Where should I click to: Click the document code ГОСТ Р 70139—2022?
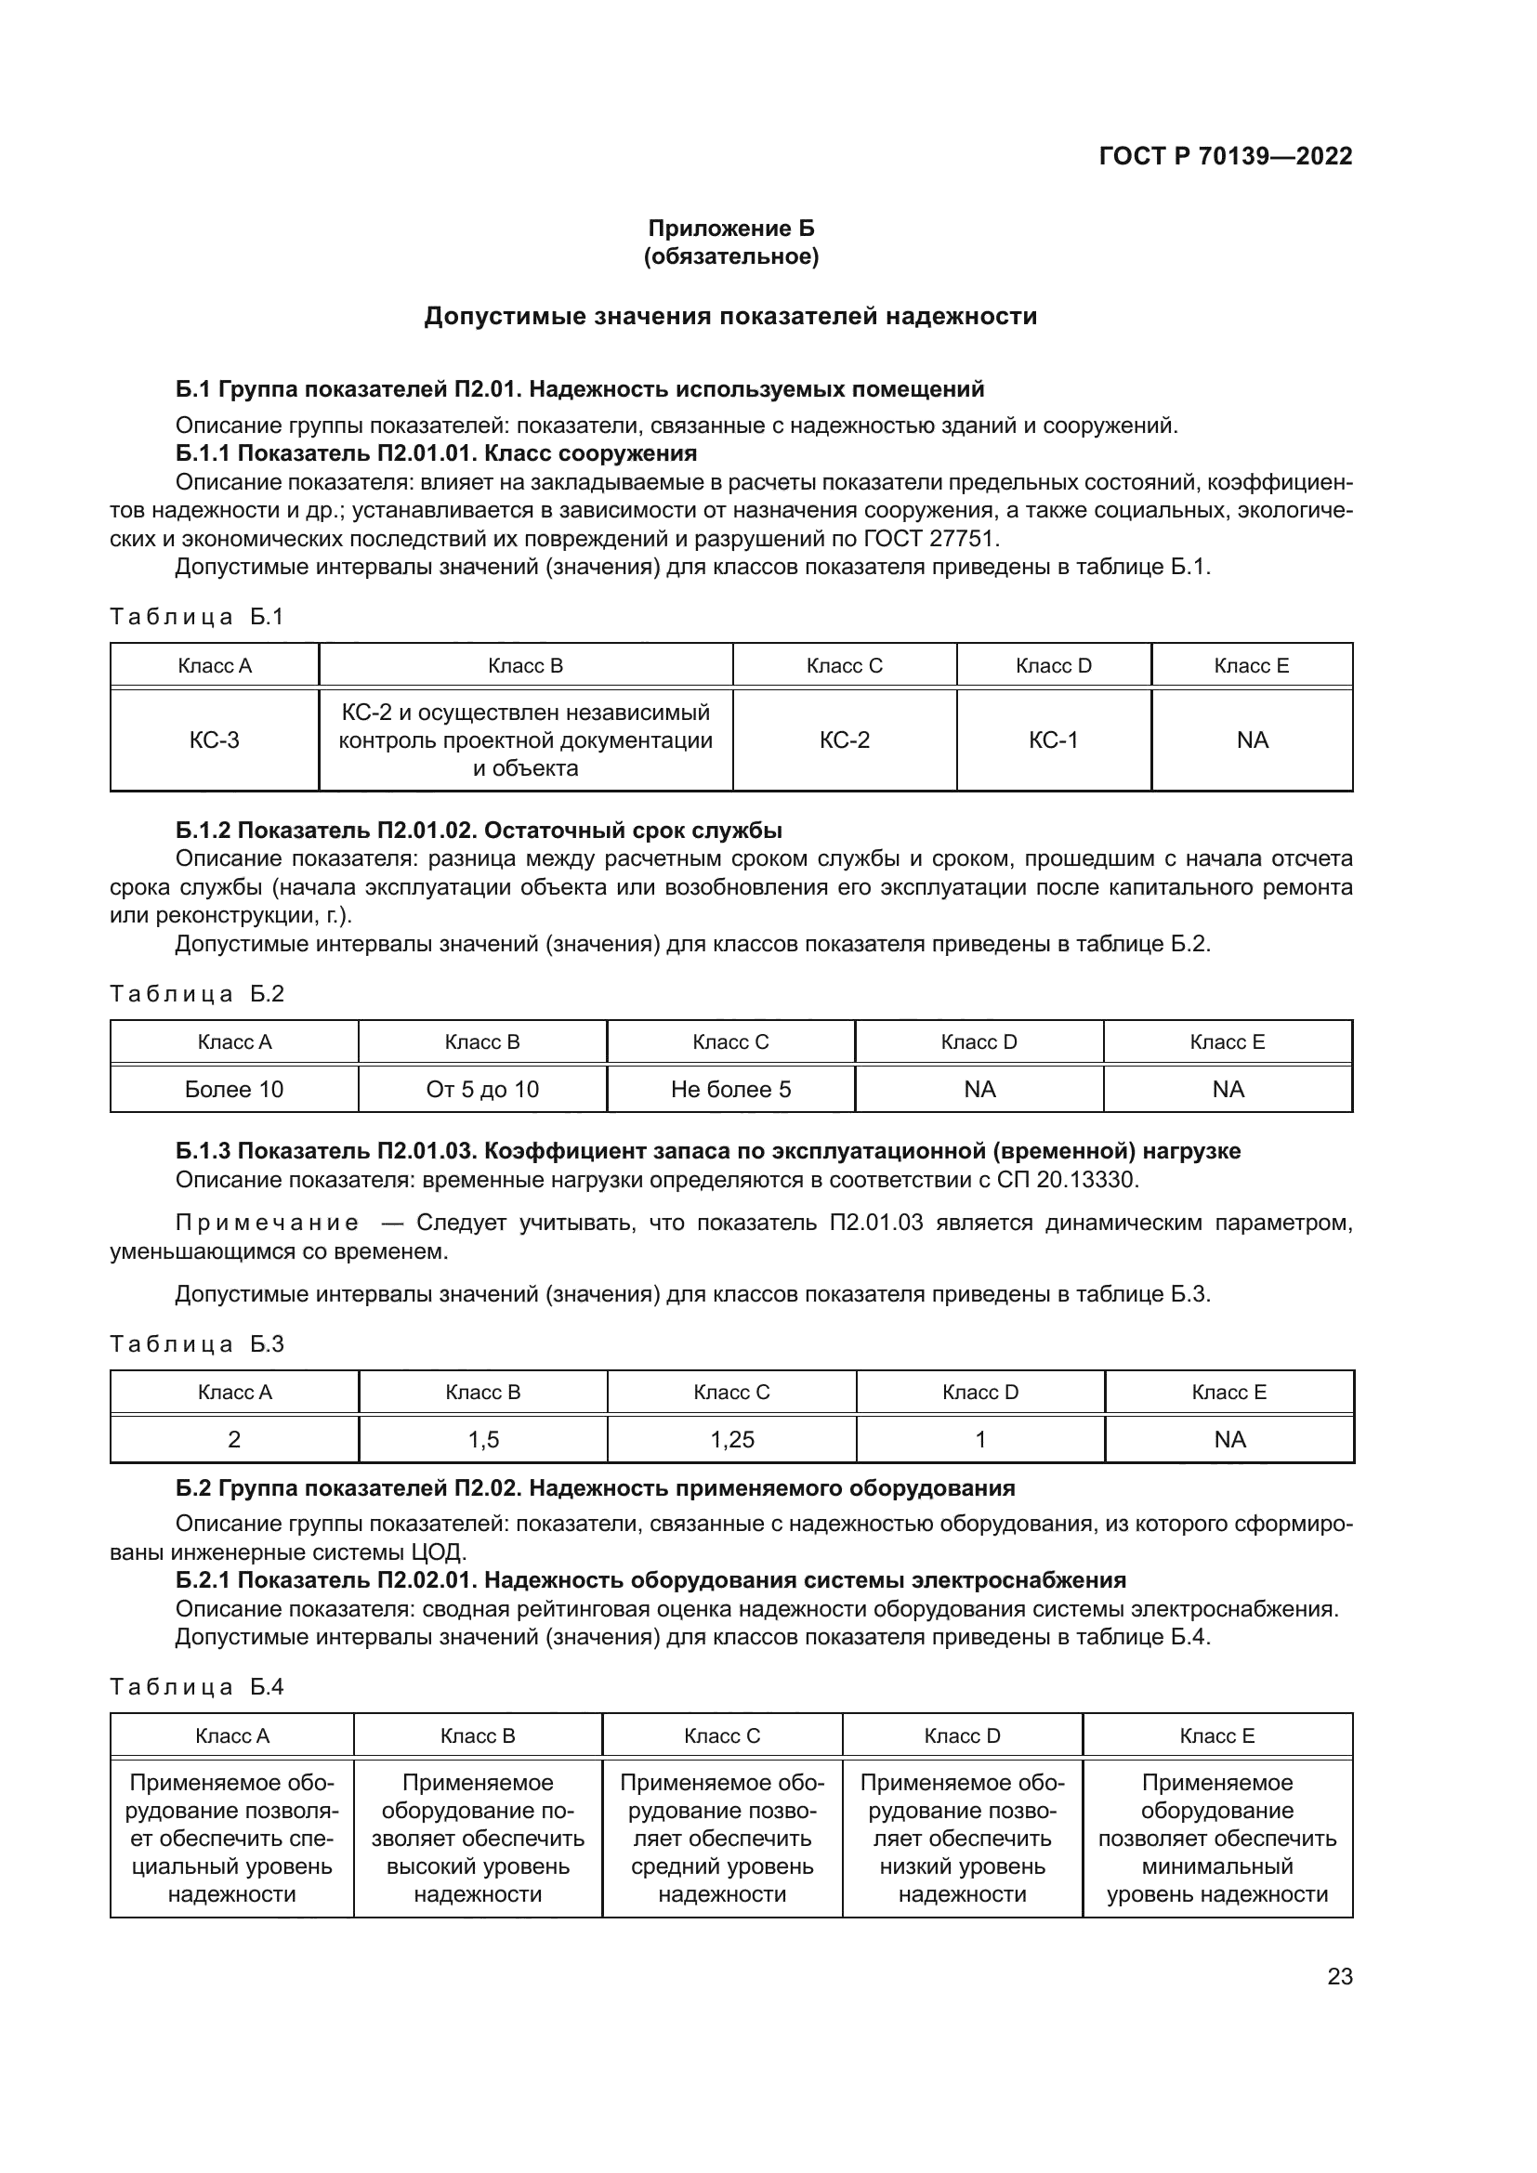coord(1226,156)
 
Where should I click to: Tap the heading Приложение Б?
coord(730,229)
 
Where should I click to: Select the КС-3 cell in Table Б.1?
coord(215,740)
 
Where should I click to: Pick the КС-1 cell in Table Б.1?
coord(1054,740)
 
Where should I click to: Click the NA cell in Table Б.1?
coord(1252,740)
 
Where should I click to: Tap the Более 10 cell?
coord(234,1090)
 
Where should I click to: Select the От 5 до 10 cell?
coord(482,1090)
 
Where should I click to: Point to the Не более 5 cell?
coord(730,1090)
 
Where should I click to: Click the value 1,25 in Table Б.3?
coord(732,1439)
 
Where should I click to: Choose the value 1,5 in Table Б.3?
coord(483,1439)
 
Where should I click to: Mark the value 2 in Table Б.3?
coord(235,1439)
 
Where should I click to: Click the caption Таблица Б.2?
coord(197,994)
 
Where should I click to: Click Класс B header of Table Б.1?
coord(525,665)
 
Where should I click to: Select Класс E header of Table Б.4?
coord(1217,1735)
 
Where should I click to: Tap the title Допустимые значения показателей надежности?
coord(730,316)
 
